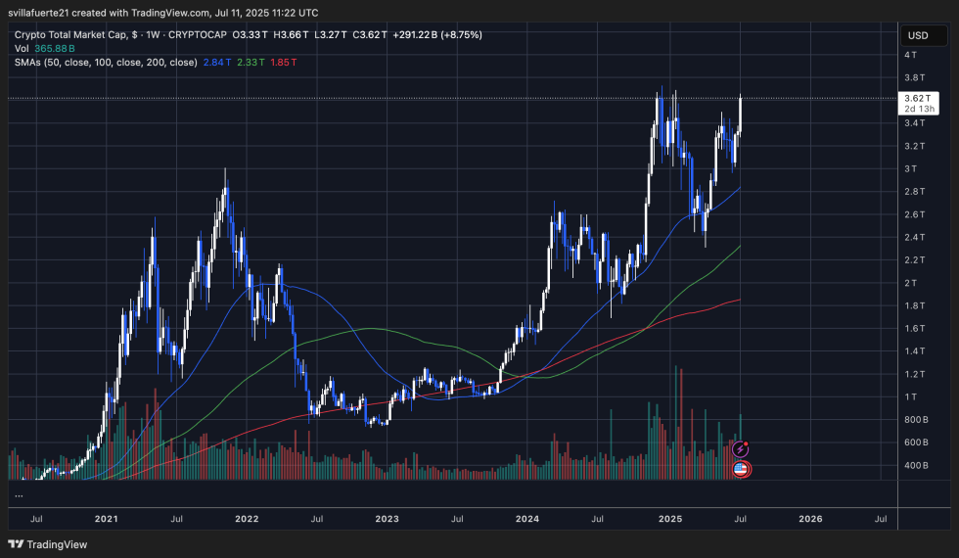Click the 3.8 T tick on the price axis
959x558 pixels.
point(915,77)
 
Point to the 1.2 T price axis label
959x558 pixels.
point(915,374)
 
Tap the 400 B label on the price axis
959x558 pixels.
point(916,465)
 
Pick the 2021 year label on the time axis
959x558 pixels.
point(106,518)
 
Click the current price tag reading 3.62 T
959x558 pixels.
point(917,98)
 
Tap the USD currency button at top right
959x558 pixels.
point(917,35)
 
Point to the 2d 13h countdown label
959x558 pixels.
point(917,109)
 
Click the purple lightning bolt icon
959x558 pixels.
point(742,449)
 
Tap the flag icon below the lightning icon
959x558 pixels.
point(742,469)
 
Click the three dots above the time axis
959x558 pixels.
point(18,496)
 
